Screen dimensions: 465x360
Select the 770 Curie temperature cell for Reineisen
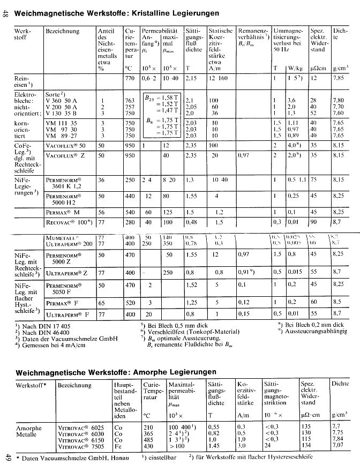coord(129,78)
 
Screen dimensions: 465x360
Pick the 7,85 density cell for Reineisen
coord(338,78)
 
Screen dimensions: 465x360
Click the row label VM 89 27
coord(62,136)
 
